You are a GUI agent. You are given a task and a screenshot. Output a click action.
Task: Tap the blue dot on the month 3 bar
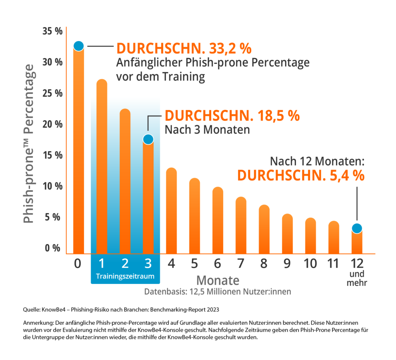pyautogui.click(x=148, y=139)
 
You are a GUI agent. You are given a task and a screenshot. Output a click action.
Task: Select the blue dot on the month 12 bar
pyautogui.click(x=357, y=228)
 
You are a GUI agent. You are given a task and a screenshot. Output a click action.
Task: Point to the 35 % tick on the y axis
pyautogui.click(x=52, y=31)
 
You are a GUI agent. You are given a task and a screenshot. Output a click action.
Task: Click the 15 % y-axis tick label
pyautogui.click(x=52, y=155)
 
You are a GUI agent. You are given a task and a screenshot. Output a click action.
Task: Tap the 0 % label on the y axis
pyautogui.click(x=52, y=248)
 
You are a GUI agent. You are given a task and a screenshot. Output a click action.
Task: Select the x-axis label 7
pyautogui.click(x=241, y=264)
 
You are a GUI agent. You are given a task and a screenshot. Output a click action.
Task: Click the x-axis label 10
pyautogui.click(x=310, y=264)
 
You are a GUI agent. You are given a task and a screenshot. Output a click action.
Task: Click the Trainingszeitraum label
pyautogui.click(x=125, y=276)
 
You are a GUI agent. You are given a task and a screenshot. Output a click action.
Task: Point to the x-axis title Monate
pyautogui.click(x=218, y=280)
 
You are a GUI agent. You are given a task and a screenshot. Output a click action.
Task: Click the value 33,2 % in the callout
pyautogui.click(x=229, y=48)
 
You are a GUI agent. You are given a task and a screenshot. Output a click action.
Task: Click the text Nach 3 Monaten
pyautogui.click(x=207, y=129)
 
